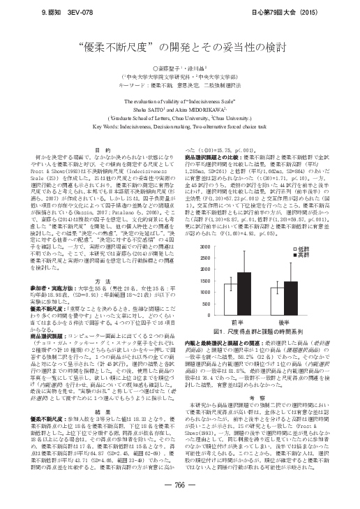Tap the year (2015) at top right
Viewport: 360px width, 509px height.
(x=336, y=14)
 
